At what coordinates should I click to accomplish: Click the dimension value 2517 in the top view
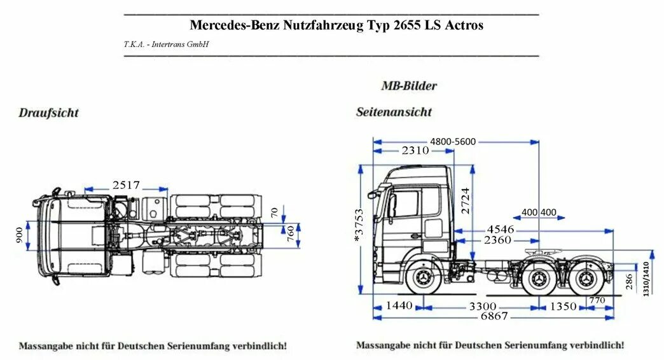click(x=126, y=185)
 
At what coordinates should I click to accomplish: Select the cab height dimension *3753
click(x=359, y=226)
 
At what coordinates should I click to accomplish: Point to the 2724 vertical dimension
click(x=466, y=200)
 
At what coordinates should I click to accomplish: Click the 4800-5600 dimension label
click(x=453, y=141)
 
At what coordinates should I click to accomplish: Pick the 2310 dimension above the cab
click(x=415, y=151)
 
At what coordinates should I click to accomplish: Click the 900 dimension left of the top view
click(x=18, y=237)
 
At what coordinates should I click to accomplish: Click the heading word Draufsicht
click(x=48, y=113)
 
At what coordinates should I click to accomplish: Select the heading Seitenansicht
click(x=394, y=112)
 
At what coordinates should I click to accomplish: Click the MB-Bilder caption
click(x=408, y=85)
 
